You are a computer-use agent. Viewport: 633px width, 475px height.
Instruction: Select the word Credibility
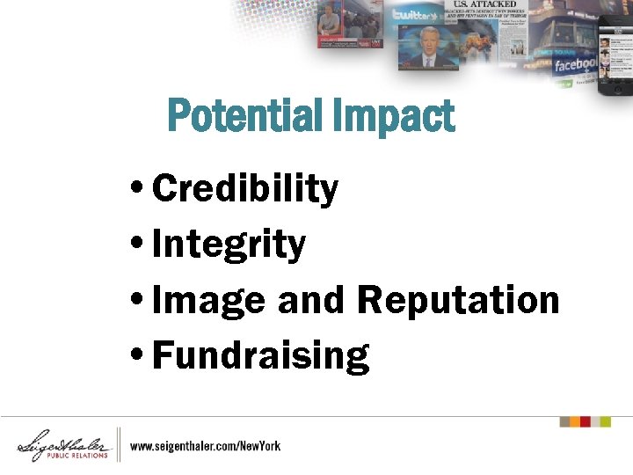pyautogui.click(x=245, y=189)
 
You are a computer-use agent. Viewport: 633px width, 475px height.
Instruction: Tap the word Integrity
pyautogui.click(x=229, y=245)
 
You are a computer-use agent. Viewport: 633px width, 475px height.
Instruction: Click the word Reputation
pyautogui.click(x=458, y=301)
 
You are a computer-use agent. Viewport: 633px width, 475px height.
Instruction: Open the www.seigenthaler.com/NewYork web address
pyautogui.click(x=206, y=446)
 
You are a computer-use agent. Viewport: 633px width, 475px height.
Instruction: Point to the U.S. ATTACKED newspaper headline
pyautogui.click(x=484, y=4)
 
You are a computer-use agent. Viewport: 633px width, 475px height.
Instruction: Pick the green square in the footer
pyautogui.click(x=605, y=422)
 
